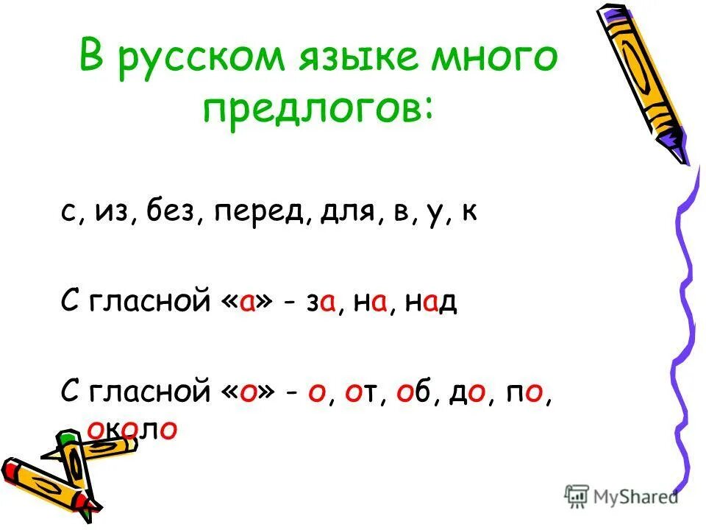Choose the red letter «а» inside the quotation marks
click(x=246, y=303)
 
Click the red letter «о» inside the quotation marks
click(x=247, y=392)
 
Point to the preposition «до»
click(x=468, y=392)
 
